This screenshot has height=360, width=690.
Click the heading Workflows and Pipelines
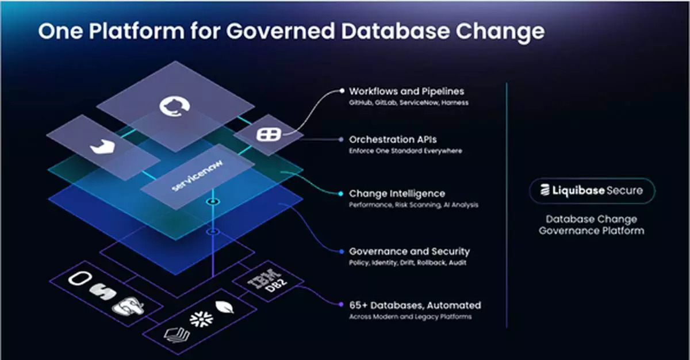407,91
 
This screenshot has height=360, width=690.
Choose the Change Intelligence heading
397,193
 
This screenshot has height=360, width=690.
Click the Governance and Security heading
409,251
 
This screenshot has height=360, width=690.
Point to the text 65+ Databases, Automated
415,305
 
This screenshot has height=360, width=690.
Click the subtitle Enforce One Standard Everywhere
405,151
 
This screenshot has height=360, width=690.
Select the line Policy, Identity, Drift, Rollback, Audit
408,263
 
